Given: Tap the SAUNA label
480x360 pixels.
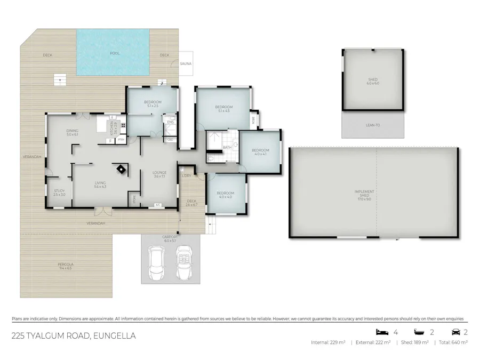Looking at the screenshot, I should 185,63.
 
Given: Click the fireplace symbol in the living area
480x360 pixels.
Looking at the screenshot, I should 122,170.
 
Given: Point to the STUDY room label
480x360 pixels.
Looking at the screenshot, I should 59,190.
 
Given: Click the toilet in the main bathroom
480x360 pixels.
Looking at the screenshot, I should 212,158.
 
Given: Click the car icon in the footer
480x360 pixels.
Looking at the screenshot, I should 455,331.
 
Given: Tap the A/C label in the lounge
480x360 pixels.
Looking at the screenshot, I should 157,205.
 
